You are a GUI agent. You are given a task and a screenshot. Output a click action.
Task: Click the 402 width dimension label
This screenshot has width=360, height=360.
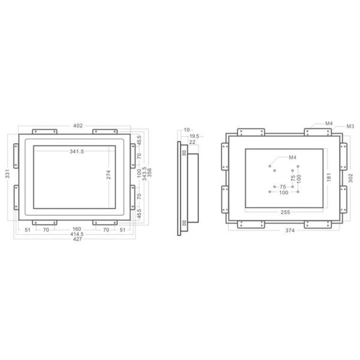(x=78, y=125)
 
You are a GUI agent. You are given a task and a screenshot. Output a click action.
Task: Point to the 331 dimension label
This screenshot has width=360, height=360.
(x=7, y=175)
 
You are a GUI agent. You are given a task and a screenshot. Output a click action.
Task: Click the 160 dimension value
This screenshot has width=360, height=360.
(x=77, y=229)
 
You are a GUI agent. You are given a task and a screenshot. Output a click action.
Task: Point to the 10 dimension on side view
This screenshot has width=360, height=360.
(x=187, y=130)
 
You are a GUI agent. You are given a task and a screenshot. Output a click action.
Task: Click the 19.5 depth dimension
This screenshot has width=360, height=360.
(x=194, y=136)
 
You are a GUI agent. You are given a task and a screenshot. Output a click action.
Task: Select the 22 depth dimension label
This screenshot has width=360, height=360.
(x=193, y=142)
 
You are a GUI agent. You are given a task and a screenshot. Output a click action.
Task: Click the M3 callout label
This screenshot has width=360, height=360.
(x=350, y=126)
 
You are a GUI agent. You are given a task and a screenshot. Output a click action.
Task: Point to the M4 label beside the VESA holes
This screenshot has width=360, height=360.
(x=293, y=157)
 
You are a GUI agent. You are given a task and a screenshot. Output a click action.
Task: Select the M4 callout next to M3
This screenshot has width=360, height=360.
(x=329, y=123)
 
